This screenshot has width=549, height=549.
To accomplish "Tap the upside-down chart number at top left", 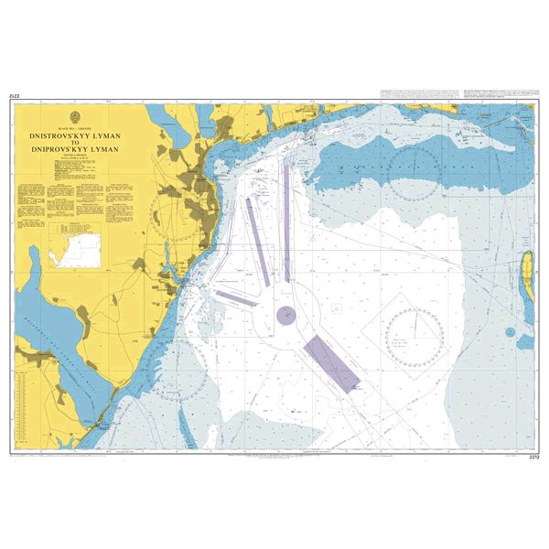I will tap(16, 95).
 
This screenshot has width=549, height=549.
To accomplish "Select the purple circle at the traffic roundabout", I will tap(286, 317).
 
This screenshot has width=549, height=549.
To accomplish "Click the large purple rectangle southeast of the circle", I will tap(331, 363).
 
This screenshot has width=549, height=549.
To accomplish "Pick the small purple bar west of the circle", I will tap(235, 296).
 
